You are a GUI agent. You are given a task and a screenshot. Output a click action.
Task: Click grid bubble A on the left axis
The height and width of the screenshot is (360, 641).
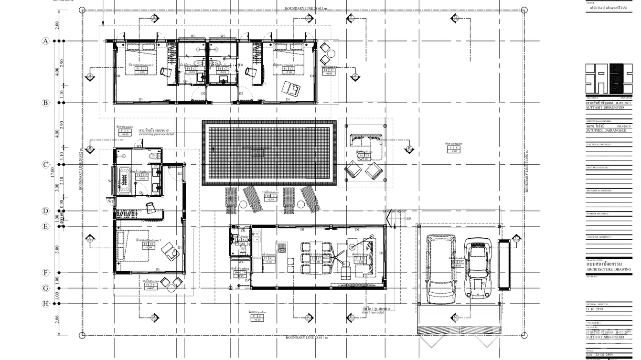coord(46,41)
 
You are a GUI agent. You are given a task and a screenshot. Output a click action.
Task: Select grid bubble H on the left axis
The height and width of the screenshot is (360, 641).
coord(46,303)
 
